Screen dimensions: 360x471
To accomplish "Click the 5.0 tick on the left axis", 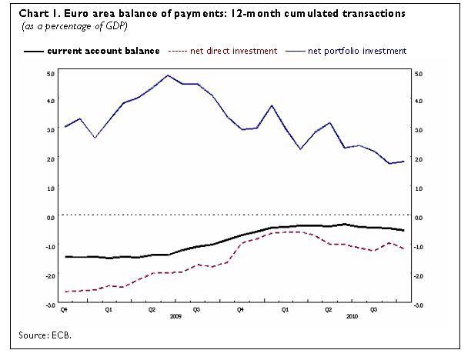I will coord(51,74).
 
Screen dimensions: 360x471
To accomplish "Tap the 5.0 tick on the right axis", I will coord(419,74).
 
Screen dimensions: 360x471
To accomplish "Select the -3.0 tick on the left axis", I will coord(50,305).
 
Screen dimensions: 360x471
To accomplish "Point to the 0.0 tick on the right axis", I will coord(419,218).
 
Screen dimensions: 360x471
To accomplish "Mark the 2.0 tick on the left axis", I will coord(51,159).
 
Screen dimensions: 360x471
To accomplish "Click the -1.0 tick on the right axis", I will coord(419,247).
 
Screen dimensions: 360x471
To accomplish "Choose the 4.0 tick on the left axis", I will coord(51,101).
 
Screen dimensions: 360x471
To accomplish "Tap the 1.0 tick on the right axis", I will coord(419,188).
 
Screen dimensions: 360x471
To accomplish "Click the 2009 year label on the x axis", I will coord(175,316).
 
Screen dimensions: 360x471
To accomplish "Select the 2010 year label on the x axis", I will coord(351,316).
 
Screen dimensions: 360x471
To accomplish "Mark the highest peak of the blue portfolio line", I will coord(168,75).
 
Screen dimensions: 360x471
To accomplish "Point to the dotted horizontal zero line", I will coord(231,215).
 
